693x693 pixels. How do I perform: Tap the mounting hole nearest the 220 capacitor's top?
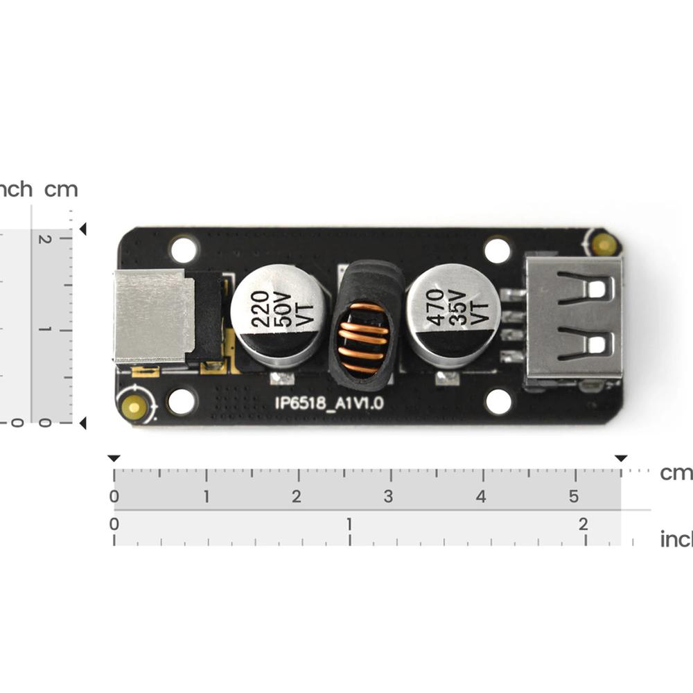184,249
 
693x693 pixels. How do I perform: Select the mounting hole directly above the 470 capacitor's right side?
497,250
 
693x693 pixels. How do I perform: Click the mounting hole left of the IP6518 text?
182,401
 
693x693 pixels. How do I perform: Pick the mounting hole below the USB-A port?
498,401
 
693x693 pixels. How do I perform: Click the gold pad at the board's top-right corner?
604,244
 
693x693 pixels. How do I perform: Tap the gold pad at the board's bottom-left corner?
133,407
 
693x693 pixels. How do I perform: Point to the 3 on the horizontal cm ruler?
389,496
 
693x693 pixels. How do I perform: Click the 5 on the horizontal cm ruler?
573,496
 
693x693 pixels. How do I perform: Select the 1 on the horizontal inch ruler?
349,524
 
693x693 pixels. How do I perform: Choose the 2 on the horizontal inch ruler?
584,524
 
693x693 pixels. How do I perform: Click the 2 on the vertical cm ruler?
45,239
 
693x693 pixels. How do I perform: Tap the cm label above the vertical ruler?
61,189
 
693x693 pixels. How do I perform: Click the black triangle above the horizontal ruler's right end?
621,458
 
